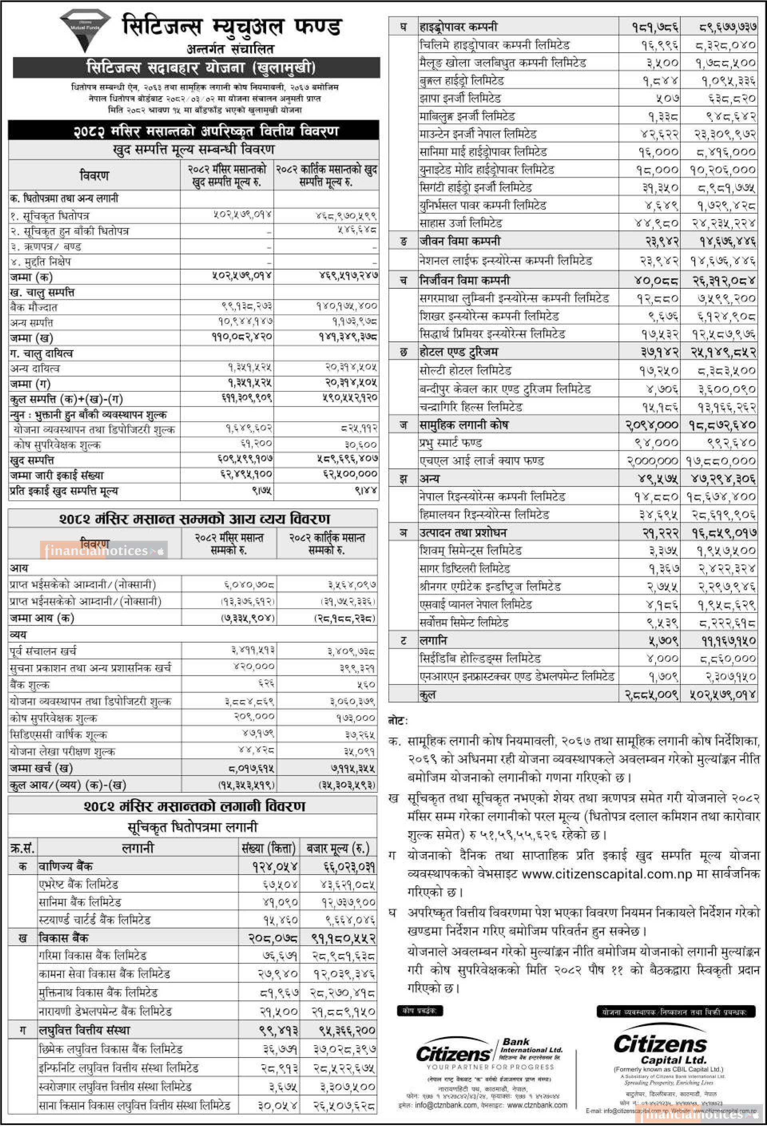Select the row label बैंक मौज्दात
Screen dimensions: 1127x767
pyautogui.click(x=34, y=307)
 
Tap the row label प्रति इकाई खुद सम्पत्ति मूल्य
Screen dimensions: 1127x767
pyautogui.click(x=64, y=491)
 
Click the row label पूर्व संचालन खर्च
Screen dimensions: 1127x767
pyautogui.click(x=43, y=651)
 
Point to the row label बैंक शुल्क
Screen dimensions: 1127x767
pyautogui.click(x=30, y=685)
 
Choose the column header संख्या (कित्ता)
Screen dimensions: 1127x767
pyautogui.click(x=269, y=848)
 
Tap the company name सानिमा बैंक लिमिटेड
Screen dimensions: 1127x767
pyautogui.click(x=80, y=902)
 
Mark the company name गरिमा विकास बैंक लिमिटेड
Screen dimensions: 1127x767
pyautogui.click(x=93, y=956)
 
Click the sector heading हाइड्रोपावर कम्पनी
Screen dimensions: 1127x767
pyautogui.click(x=459, y=27)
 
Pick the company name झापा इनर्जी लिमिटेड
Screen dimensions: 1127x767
pyautogui.click(x=460, y=98)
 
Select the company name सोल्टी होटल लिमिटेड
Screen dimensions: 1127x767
pyautogui.click(x=465, y=371)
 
